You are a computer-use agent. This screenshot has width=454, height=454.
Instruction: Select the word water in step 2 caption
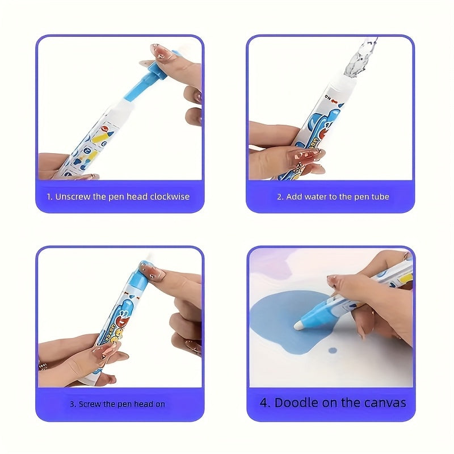click(322, 197)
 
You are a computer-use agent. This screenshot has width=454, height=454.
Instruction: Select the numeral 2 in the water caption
click(279, 197)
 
